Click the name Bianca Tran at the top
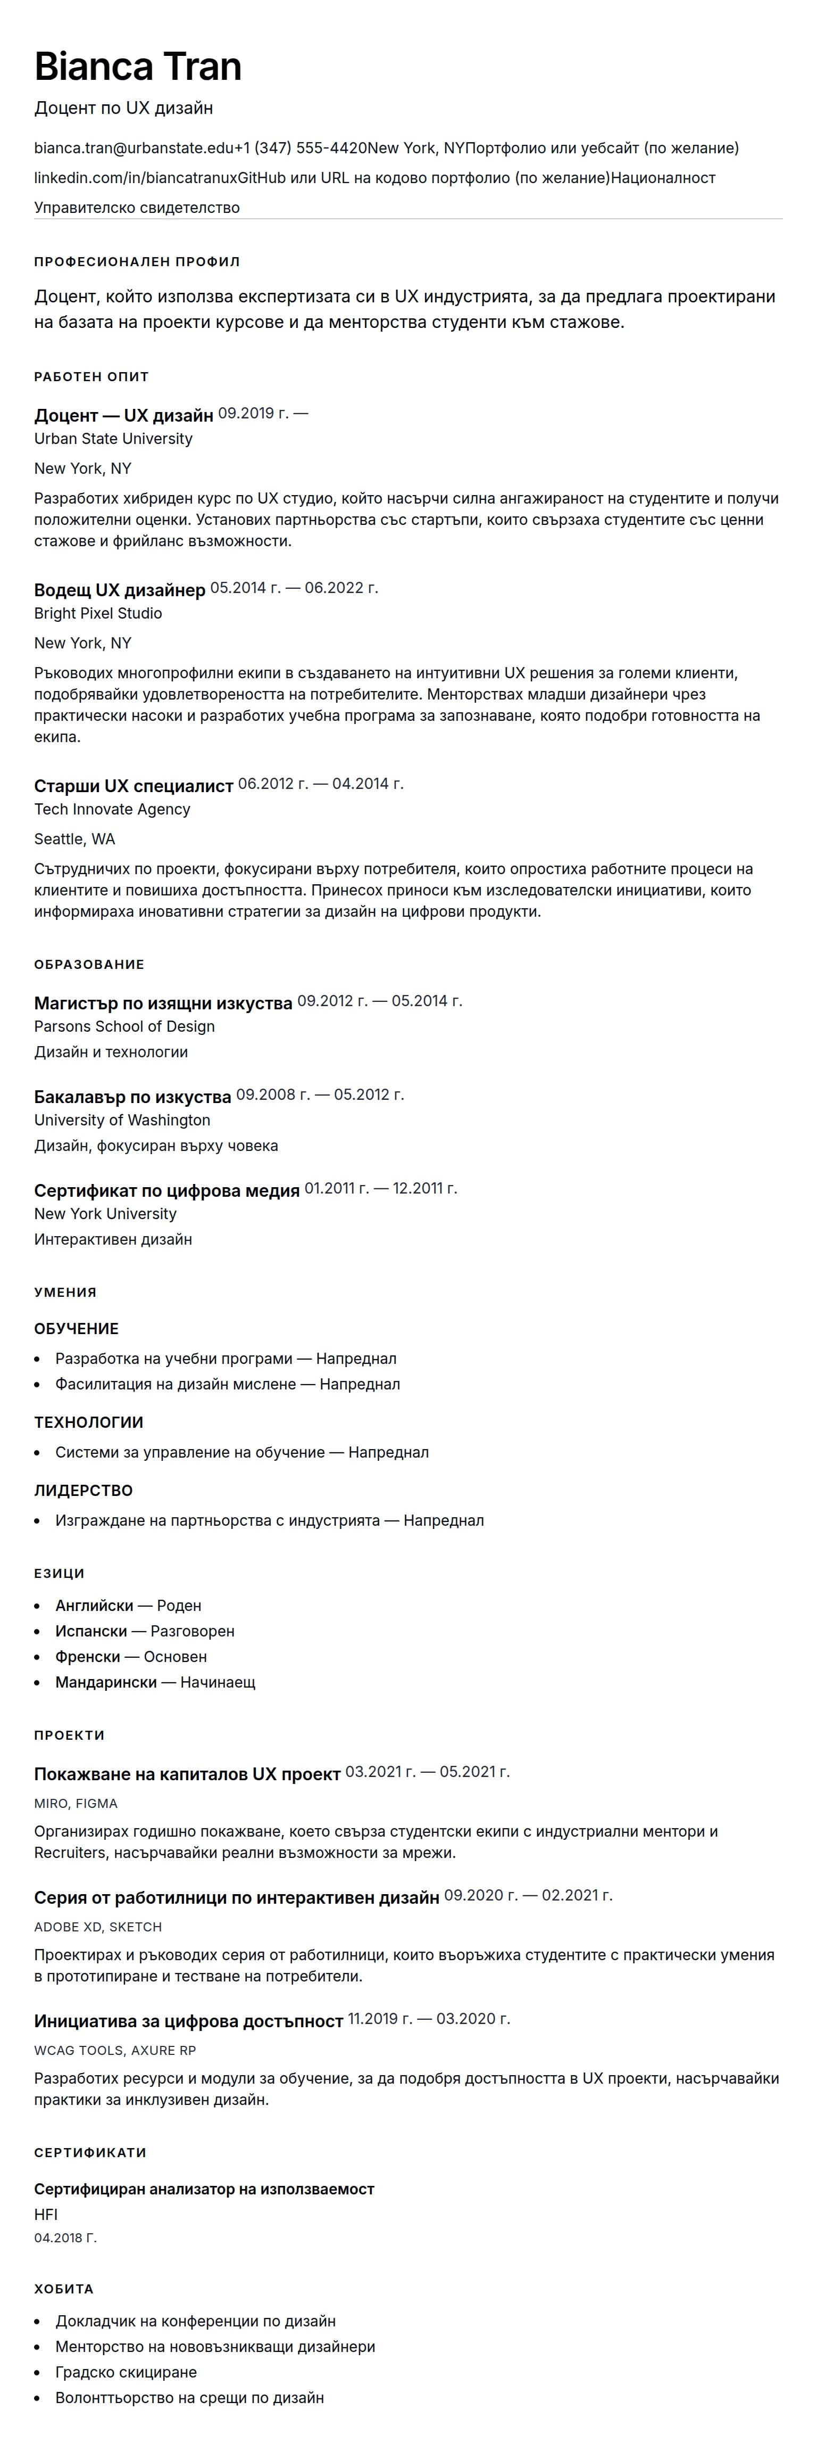pos(138,67)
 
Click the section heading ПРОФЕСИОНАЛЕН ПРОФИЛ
pos(137,261)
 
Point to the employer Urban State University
pos(113,439)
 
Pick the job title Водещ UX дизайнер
pos(120,590)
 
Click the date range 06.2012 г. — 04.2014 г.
pos(321,784)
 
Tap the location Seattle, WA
pos(74,839)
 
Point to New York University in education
pos(105,1214)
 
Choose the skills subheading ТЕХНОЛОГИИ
pos(88,1422)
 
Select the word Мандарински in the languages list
pos(105,1682)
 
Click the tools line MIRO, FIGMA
pos(76,1803)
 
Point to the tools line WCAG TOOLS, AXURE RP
pos(115,2051)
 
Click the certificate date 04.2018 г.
pos(65,2238)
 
